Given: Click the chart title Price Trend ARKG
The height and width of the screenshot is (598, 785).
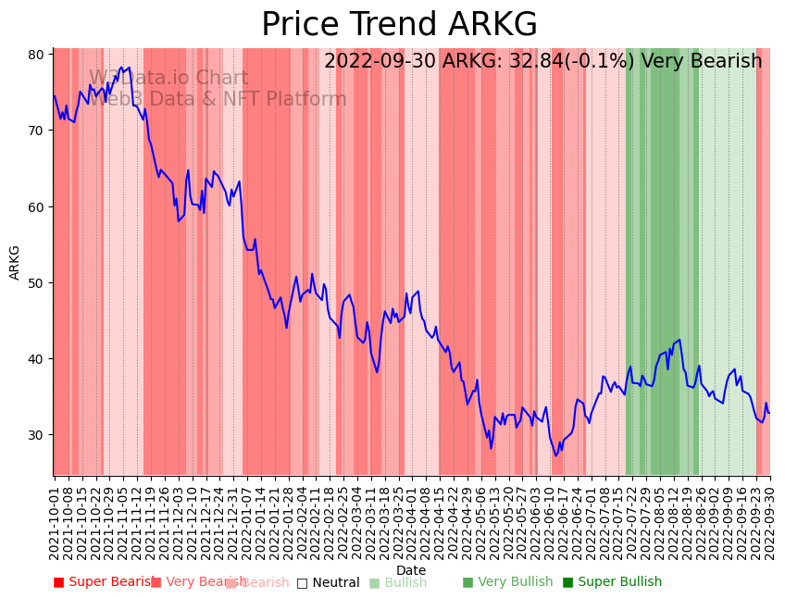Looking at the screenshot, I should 399,25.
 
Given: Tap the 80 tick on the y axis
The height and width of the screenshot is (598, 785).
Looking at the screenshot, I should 36,55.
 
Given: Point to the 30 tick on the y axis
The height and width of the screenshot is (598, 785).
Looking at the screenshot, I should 36,435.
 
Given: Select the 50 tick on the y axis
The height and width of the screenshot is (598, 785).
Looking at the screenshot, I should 36,283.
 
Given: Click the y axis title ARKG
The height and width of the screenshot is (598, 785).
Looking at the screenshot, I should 15,262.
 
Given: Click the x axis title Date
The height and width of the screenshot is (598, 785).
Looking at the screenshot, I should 411,570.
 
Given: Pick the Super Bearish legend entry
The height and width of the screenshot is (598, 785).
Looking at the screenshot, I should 104,582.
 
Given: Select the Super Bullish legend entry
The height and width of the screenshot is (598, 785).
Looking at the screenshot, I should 612,582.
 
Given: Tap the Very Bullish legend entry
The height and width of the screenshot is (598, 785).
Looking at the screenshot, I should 507,582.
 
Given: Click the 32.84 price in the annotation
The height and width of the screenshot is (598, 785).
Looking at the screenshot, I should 503,62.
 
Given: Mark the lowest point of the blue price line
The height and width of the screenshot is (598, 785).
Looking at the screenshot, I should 556,455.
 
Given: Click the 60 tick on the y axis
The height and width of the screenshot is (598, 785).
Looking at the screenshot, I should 36,207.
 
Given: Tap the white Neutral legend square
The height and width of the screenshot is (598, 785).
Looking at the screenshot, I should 302,582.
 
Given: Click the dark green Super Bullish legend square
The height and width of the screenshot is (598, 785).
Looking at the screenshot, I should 567,582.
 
